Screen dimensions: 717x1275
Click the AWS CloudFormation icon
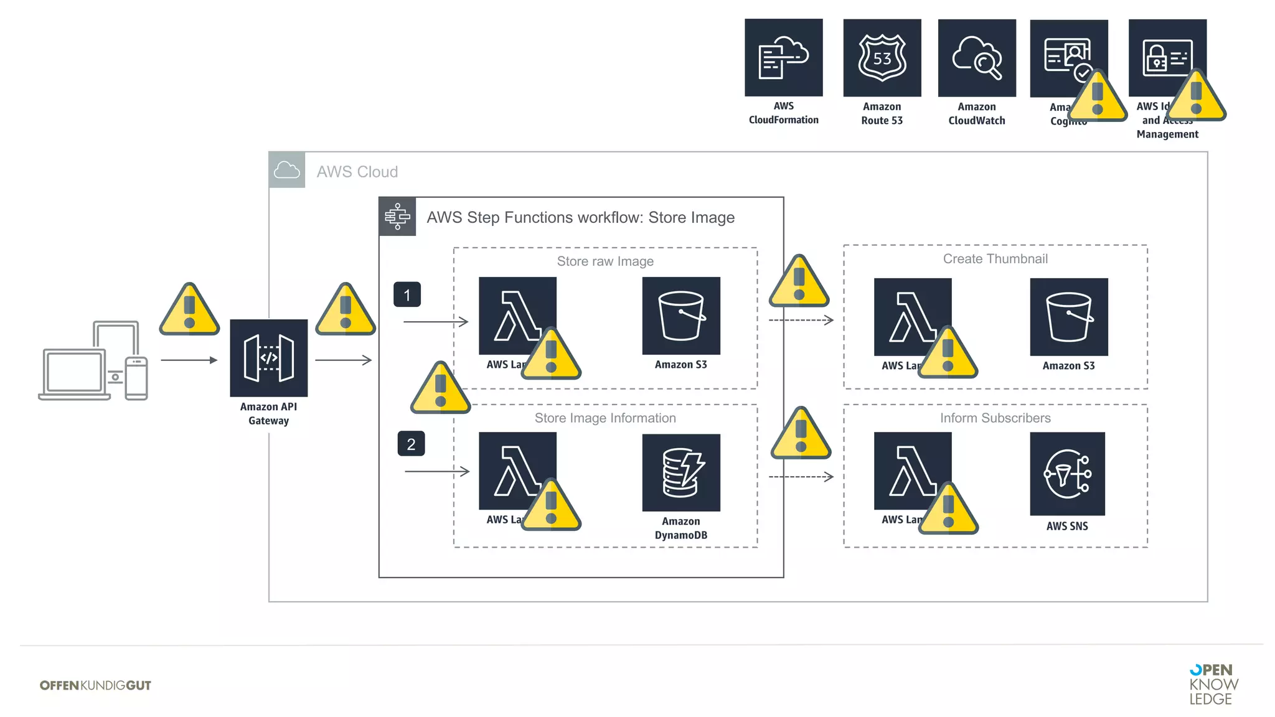(x=783, y=57)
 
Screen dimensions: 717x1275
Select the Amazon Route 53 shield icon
(x=882, y=57)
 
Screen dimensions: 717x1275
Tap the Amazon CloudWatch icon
(x=976, y=57)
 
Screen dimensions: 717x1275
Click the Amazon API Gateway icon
(x=268, y=358)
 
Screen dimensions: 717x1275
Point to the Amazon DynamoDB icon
(x=681, y=472)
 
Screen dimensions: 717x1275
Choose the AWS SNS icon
(x=1067, y=474)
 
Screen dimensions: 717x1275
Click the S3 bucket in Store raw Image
(x=681, y=316)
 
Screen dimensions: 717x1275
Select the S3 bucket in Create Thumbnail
(x=1068, y=317)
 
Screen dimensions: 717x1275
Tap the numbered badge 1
(x=407, y=294)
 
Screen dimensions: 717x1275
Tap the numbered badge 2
(x=411, y=444)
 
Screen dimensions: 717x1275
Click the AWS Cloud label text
(x=357, y=172)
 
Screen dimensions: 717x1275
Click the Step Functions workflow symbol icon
(x=397, y=217)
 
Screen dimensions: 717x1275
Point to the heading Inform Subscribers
(x=995, y=418)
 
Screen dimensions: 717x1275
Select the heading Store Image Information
(x=605, y=418)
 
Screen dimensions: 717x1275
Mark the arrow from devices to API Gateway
(x=189, y=360)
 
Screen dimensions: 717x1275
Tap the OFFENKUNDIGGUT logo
(x=95, y=685)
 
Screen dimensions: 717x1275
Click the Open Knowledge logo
(x=1213, y=684)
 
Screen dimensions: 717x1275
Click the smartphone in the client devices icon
(x=136, y=378)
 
